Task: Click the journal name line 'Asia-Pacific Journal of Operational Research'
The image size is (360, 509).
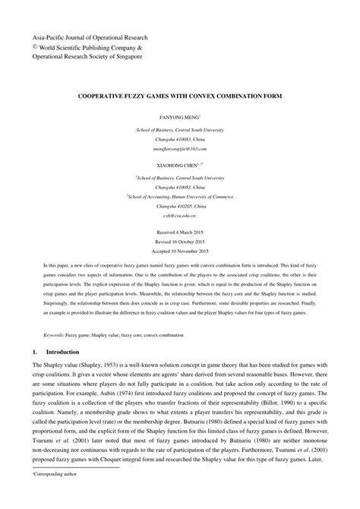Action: [89, 36]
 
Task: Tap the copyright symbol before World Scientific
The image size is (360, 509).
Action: [35, 46]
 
